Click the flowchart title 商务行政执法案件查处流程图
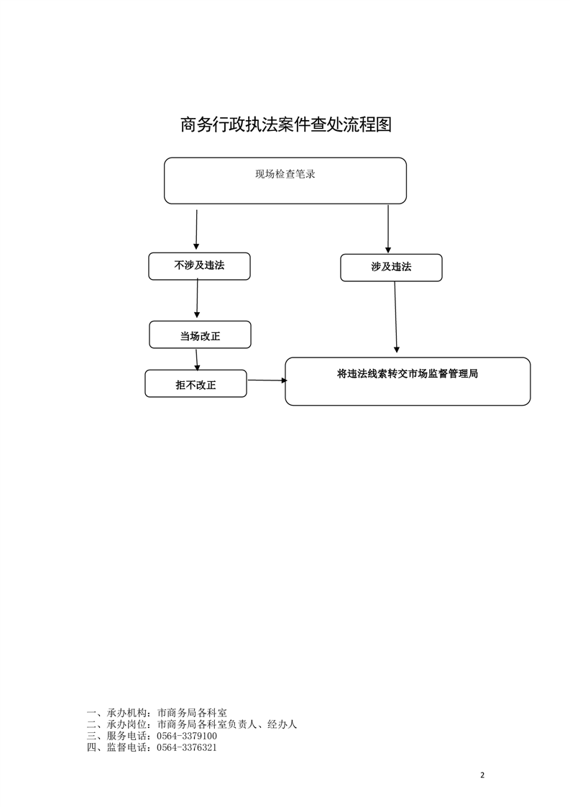coord(285,124)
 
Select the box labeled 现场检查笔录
coord(285,181)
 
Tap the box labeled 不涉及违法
coord(200,266)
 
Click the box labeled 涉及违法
coord(391,268)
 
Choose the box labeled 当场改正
coord(200,334)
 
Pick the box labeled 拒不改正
coord(196,383)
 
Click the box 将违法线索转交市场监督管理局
coord(408,381)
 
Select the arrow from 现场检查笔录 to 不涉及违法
coord(196,229)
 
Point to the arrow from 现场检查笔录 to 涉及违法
coord(388,229)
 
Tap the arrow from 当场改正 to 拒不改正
coord(196,360)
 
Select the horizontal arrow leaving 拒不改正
coord(267,380)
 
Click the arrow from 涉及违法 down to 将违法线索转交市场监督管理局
coord(395,317)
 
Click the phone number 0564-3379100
coord(187,736)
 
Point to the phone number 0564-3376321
coord(187,747)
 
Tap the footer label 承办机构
coord(128,713)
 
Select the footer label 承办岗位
coord(128,724)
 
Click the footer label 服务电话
coord(128,736)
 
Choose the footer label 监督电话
coord(128,747)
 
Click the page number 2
coord(482,775)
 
